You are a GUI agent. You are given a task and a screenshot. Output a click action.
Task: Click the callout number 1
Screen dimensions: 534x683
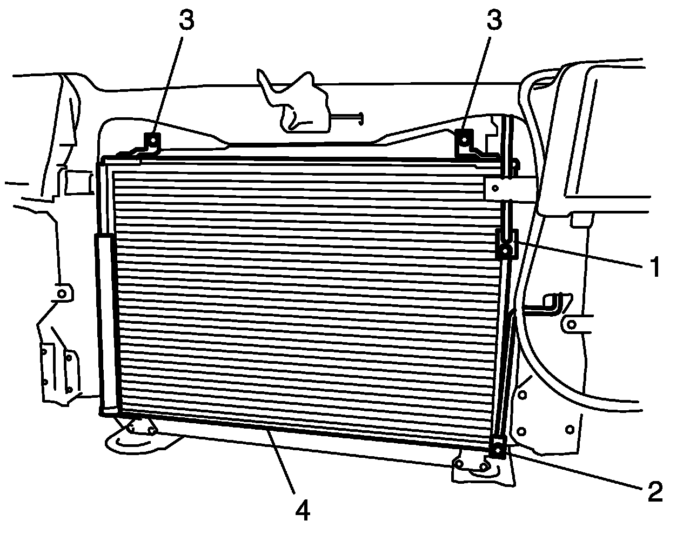tap(654, 266)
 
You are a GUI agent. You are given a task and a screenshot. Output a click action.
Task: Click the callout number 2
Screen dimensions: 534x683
tap(654, 491)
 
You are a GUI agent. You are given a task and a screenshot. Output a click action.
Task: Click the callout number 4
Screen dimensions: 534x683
tap(303, 510)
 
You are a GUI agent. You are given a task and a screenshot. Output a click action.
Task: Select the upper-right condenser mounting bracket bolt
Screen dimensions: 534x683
tap(464, 138)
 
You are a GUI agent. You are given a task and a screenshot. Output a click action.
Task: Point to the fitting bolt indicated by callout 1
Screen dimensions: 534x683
tap(505, 250)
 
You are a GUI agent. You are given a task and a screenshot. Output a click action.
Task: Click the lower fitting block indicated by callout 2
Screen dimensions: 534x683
tap(497, 448)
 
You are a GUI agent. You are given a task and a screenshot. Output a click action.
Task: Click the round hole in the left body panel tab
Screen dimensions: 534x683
tap(62, 293)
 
